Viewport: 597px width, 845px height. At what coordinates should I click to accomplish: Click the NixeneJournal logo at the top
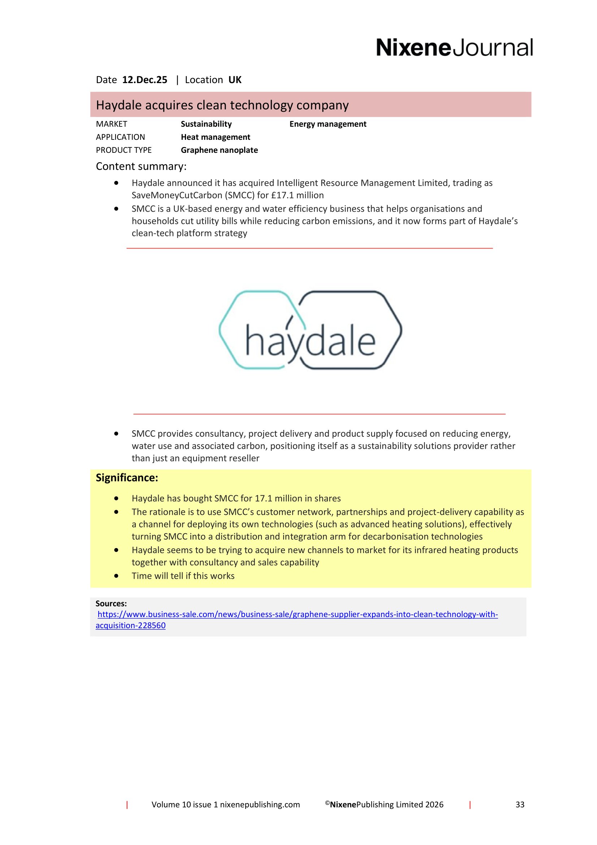tap(454, 48)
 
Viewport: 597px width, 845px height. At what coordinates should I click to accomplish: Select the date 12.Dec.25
tap(144, 80)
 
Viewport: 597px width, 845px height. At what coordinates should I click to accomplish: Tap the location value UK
tap(235, 80)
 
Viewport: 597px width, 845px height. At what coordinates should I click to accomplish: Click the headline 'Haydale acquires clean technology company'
tap(222, 105)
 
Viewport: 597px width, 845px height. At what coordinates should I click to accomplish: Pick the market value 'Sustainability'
tap(206, 124)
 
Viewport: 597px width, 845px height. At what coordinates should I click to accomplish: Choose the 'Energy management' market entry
tap(328, 124)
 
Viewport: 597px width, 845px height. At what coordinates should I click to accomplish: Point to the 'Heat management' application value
tap(215, 137)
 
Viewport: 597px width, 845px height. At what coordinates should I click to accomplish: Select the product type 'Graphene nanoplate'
tap(219, 150)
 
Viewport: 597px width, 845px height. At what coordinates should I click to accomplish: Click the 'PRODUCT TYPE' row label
tap(124, 150)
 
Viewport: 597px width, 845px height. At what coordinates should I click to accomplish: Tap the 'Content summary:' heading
tap(141, 166)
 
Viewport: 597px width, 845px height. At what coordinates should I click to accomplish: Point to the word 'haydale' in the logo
tap(310, 340)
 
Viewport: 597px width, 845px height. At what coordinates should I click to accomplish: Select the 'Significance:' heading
tap(127, 478)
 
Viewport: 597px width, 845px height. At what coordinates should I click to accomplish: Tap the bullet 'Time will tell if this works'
tap(183, 576)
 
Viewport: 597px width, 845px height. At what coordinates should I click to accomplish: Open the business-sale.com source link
tap(297, 614)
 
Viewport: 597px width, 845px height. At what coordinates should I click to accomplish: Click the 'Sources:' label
tap(111, 604)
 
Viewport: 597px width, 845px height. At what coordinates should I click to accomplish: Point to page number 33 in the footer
tap(520, 805)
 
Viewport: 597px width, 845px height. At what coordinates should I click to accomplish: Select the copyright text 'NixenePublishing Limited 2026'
tap(386, 805)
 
